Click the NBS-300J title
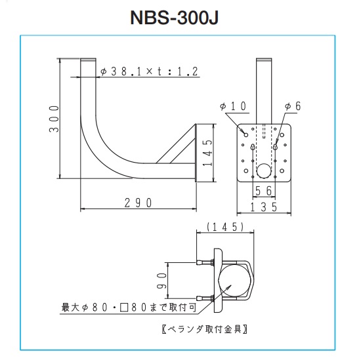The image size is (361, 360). click(x=174, y=18)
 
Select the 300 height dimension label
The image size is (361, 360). click(x=54, y=119)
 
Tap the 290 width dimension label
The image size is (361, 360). click(x=138, y=203)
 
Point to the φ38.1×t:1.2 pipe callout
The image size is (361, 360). click(x=149, y=71)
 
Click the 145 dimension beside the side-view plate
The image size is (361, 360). click(x=207, y=153)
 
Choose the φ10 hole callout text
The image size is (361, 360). click(x=233, y=106)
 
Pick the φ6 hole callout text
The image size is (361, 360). click(x=293, y=106)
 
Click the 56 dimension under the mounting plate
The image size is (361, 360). click(x=264, y=191)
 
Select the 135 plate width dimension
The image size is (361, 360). click(x=264, y=207)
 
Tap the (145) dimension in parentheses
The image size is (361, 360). click(x=225, y=227)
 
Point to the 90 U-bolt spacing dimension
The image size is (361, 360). click(x=161, y=281)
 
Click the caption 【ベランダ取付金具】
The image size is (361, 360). click(x=205, y=329)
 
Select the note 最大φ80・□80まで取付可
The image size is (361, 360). click(x=129, y=308)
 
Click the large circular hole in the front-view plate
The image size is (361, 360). click(x=264, y=171)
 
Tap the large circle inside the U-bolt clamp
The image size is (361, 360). click(x=234, y=281)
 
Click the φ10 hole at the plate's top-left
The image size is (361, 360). click(x=246, y=135)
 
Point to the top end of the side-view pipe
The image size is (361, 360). click(x=88, y=59)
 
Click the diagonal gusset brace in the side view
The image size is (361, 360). click(x=176, y=144)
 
